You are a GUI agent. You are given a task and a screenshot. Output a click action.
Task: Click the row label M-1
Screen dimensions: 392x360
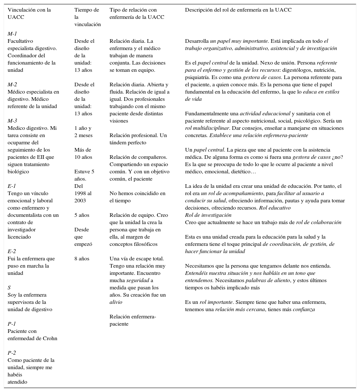coord(12,34)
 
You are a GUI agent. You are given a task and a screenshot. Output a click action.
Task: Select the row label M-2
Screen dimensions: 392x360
coord(12,84)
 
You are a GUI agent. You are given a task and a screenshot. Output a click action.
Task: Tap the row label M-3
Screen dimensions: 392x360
coord(12,121)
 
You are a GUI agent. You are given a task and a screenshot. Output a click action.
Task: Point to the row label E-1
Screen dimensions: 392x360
coord(12,186)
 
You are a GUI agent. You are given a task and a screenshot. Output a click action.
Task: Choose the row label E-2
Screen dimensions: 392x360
coord(12,251)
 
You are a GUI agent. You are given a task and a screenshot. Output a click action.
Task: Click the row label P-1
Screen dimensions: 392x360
coord(12,324)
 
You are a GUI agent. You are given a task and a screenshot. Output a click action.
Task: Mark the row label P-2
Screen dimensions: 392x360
coord(12,353)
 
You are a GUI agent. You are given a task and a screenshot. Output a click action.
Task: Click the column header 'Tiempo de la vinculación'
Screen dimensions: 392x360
coord(87,17)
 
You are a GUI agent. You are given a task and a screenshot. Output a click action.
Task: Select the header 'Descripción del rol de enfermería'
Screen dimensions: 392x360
coord(238,10)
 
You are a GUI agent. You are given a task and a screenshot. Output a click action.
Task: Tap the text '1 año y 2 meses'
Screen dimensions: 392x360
coord(83,132)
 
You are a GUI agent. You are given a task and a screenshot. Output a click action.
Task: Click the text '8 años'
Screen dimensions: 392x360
coord(82,259)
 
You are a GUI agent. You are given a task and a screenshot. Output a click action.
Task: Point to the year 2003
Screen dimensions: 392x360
coord(80,201)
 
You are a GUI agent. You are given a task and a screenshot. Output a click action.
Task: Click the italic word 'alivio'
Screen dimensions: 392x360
coord(116,302)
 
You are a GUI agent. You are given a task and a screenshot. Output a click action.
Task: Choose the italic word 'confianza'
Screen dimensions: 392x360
coord(302,309)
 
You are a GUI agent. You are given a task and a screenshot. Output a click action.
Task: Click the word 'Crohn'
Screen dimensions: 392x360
coord(50,338)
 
